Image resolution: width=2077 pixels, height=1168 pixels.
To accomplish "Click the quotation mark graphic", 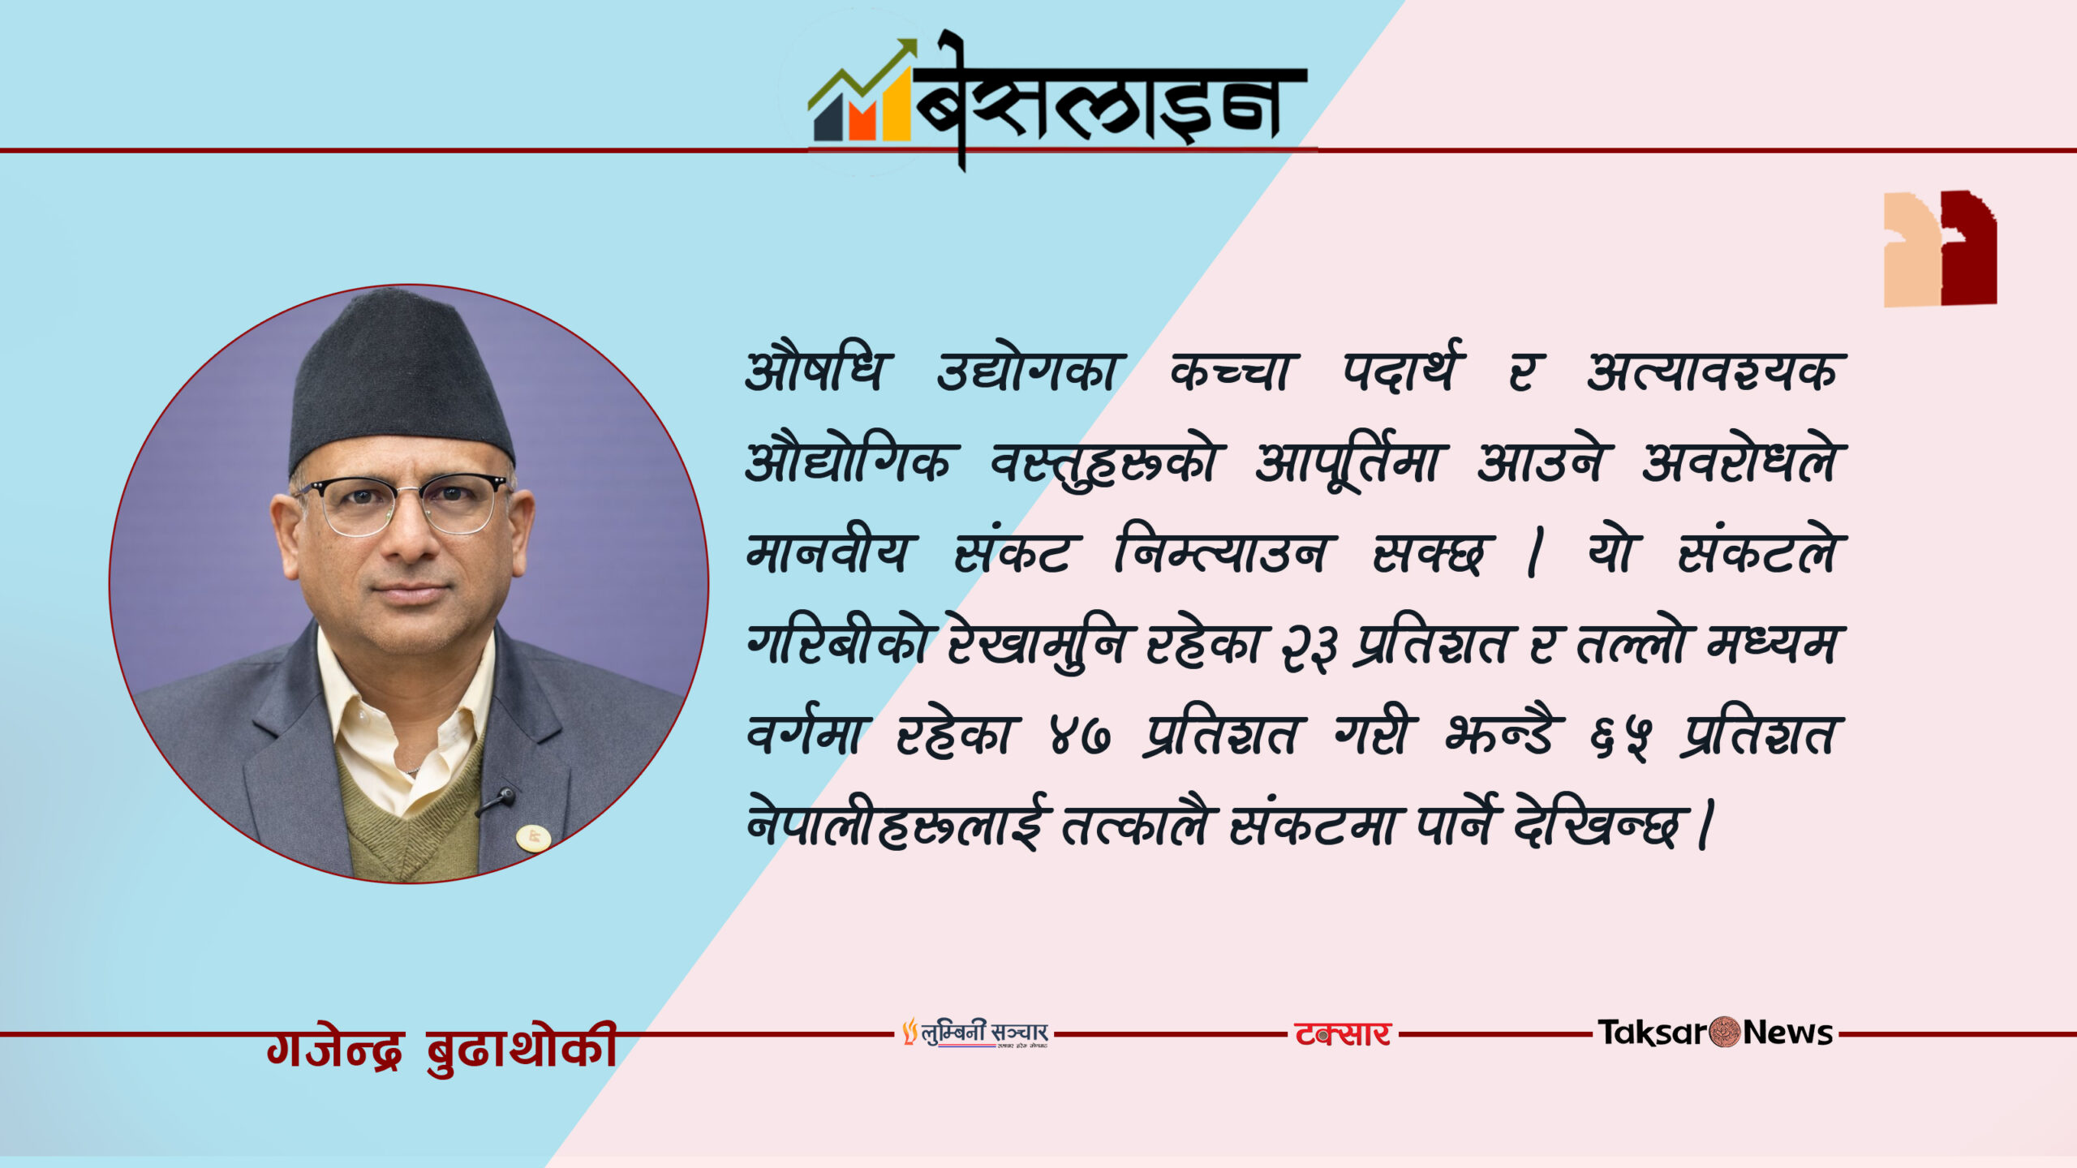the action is [x=1940, y=248].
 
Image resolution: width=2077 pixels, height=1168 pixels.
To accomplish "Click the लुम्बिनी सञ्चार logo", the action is [x=976, y=1033].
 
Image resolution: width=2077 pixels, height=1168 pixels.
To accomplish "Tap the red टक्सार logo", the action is [x=1343, y=1034].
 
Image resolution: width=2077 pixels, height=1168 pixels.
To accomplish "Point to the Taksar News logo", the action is [x=1715, y=1033].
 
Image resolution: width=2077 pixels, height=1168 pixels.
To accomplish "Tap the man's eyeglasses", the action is [x=403, y=504].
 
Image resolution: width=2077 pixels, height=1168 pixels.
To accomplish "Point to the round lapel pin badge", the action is [x=534, y=836].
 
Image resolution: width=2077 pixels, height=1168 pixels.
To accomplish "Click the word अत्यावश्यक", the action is [x=1711, y=373].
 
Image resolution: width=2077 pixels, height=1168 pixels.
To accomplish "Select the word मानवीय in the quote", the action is [x=827, y=553].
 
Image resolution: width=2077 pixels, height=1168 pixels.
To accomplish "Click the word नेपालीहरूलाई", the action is [x=897, y=824].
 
